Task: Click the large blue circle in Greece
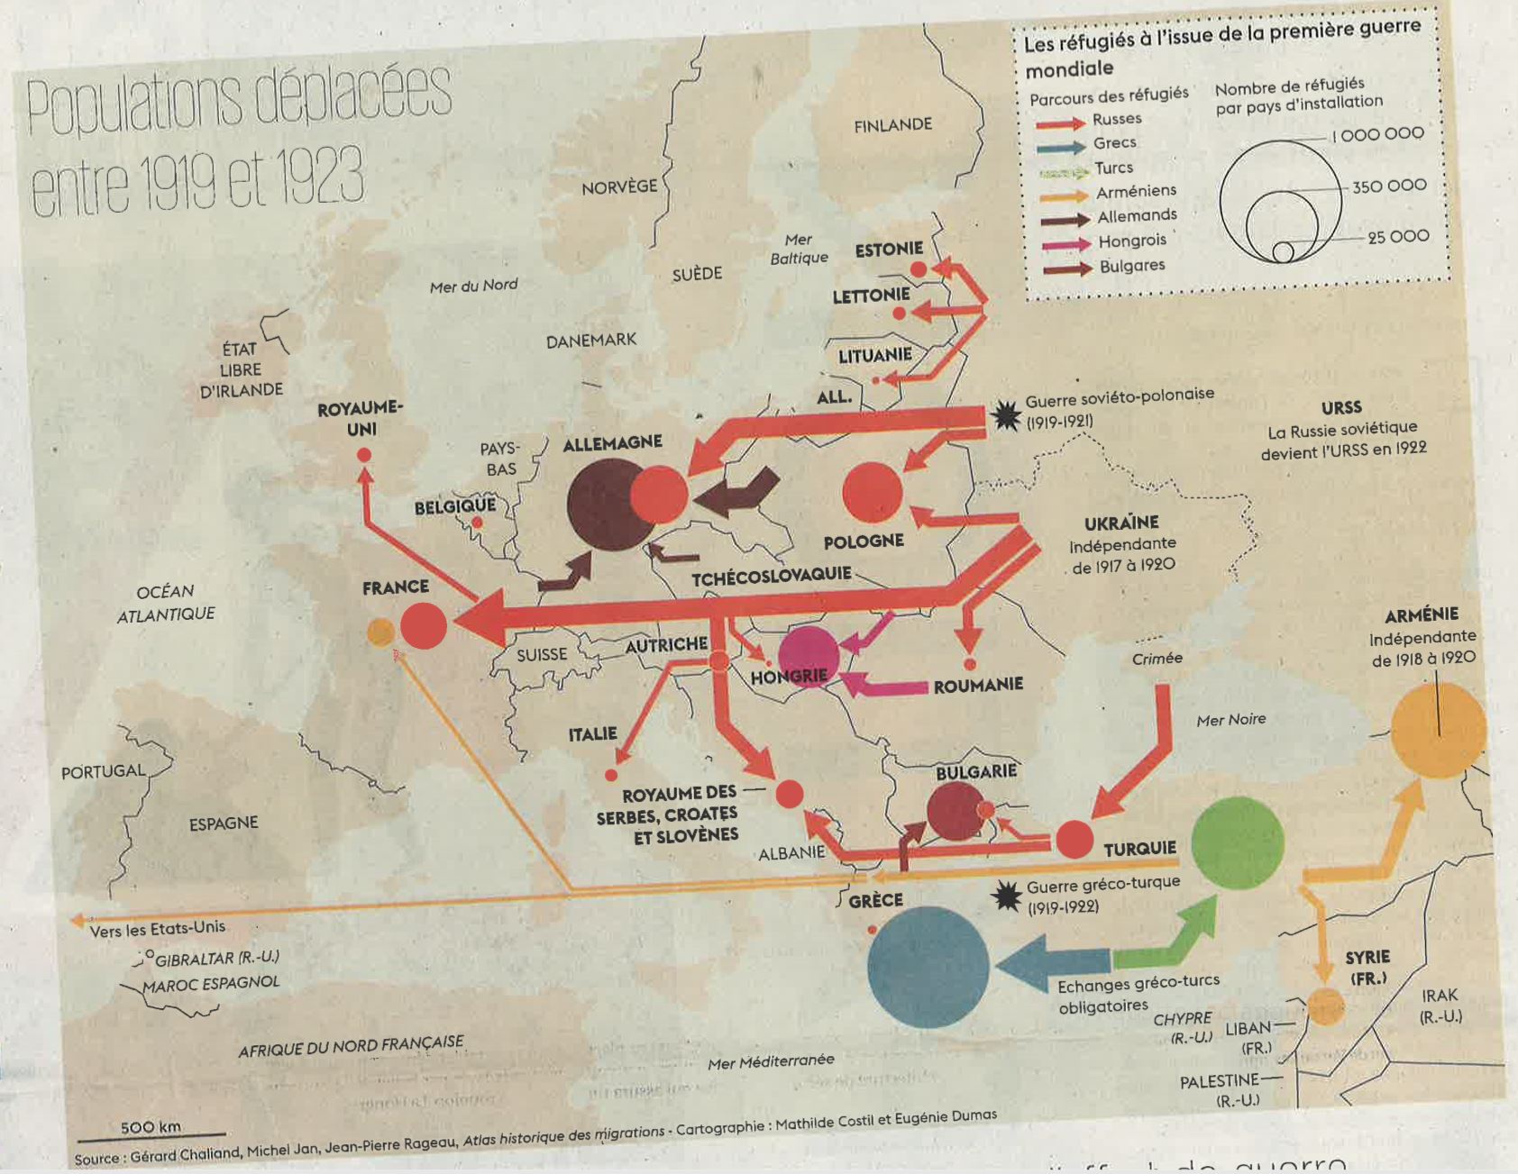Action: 928,967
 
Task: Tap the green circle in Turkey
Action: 1237,842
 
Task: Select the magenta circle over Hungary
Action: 809,655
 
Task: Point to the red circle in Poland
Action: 872,492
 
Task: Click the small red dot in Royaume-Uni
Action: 364,455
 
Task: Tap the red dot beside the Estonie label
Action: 918,269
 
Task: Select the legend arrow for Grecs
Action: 1060,147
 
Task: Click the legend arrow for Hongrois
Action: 1065,244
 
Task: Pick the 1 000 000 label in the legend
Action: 1378,134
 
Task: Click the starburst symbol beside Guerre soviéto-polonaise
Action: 1005,414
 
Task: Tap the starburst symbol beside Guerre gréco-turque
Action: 1006,896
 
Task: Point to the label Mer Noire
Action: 1230,719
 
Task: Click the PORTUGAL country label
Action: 103,772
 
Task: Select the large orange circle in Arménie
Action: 1438,730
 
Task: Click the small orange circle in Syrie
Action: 1325,1006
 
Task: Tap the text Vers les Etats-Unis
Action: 158,928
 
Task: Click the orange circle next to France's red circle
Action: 380,632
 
